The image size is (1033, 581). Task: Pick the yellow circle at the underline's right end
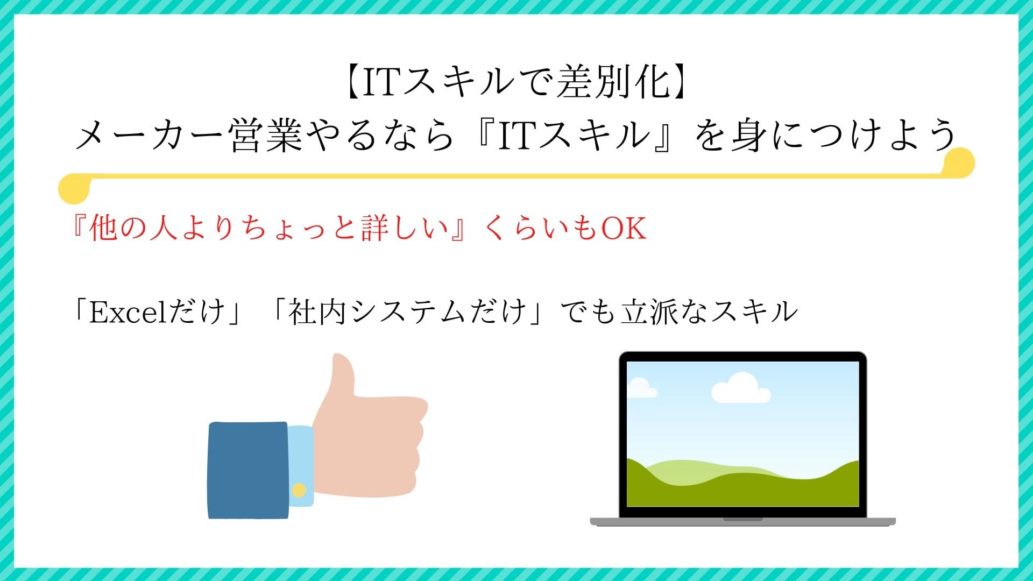click(x=959, y=162)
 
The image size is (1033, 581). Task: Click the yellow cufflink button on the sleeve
click(x=299, y=490)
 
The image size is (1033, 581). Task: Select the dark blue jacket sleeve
click(x=248, y=470)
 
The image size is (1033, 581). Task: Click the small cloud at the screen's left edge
click(x=641, y=388)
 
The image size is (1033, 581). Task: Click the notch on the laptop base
click(x=743, y=520)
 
